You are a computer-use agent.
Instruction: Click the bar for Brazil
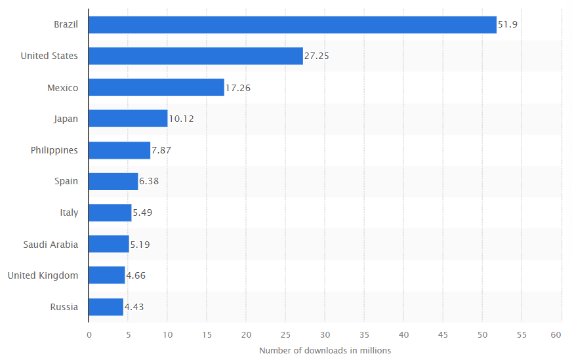(x=292, y=25)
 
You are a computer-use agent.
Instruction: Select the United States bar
(x=195, y=56)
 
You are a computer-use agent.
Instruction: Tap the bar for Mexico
(x=156, y=87)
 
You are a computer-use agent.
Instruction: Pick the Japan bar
(x=128, y=119)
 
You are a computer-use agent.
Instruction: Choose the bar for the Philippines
(x=119, y=150)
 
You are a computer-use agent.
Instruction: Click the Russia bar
(x=106, y=307)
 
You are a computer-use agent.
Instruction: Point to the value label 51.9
(x=509, y=25)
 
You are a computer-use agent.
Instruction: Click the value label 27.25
(x=317, y=56)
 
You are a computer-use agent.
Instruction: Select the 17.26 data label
(x=238, y=87)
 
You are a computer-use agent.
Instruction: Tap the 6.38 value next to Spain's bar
(x=149, y=182)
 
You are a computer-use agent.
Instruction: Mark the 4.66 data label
(x=136, y=275)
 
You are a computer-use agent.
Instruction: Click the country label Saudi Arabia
(x=51, y=245)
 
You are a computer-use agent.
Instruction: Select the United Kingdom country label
(x=43, y=275)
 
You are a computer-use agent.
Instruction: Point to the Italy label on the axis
(x=69, y=213)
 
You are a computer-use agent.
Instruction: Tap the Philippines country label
(x=54, y=150)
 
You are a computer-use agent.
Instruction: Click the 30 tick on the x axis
(x=325, y=334)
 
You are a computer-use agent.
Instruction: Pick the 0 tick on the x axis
(x=89, y=334)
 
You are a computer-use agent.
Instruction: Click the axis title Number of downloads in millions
(x=325, y=350)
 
